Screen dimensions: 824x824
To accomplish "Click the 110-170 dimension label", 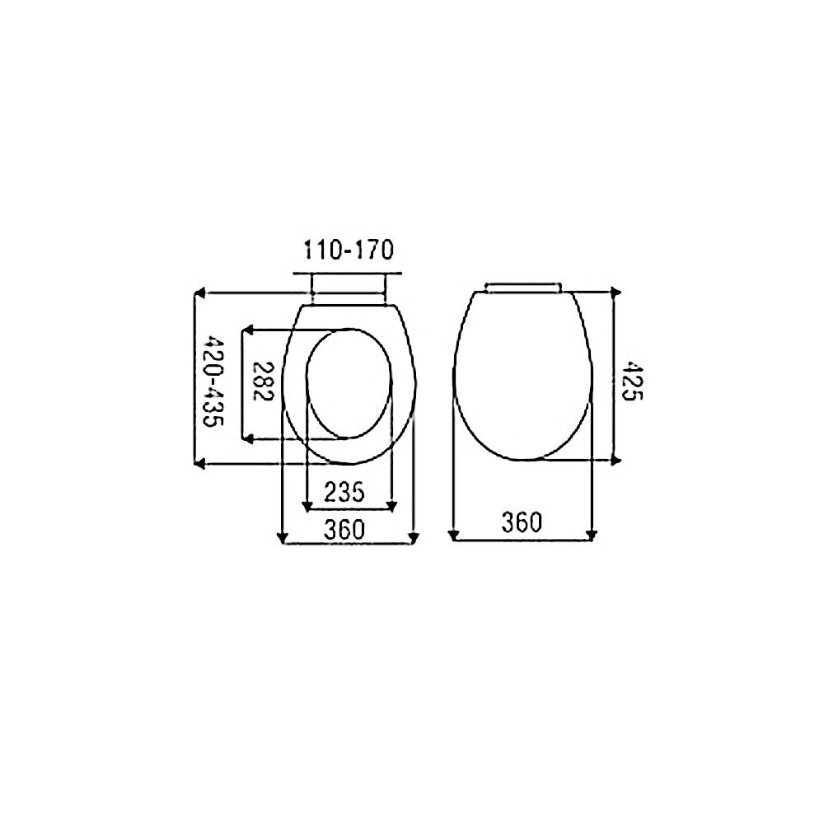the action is (349, 250).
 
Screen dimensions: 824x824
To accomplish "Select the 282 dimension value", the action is (263, 382).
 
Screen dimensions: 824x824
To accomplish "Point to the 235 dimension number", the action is (344, 493).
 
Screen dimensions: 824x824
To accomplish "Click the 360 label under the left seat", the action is (344, 530).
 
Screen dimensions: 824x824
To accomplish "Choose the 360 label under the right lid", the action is (522, 522).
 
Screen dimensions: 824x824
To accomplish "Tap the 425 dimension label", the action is (632, 381).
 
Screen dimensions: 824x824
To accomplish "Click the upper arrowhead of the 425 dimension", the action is (617, 293).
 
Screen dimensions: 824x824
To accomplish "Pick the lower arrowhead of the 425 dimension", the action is (617, 461).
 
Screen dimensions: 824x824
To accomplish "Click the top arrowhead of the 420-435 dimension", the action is (199, 293).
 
